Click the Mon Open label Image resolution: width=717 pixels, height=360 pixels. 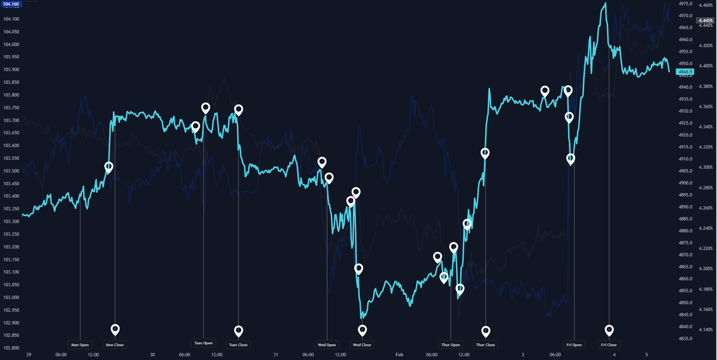pyautogui.click(x=80, y=345)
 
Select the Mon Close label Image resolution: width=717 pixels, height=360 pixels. pyautogui.click(x=115, y=345)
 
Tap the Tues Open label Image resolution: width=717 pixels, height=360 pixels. pyautogui.click(x=203, y=343)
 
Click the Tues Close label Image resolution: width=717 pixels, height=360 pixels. pyautogui.click(x=238, y=345)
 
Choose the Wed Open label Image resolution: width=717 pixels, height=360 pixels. pyautogui.click(x=327, y=345)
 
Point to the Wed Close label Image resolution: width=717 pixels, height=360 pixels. pyautogui.click(x=362, y=345)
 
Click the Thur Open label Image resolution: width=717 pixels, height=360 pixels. pyautogui.click(x=451, y=345)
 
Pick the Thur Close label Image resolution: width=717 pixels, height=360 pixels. pyautogui.click(x=485, y=345)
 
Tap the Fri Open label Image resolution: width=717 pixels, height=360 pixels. pyautogui.click(x=574, y=345)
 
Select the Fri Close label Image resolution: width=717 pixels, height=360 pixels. pyautogui.click(x=609, y=345)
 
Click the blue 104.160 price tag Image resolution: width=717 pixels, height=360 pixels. pyautogui.click(x=11, y=4)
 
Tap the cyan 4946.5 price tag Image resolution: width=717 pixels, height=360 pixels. pyautogui.click(x=686, y=72)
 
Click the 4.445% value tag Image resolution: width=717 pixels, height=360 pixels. pyautogui.click(x=706, y=21)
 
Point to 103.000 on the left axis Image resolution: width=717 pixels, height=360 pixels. pyautogui.click(x=11, y=298)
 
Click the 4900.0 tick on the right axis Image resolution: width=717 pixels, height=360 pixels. pyautogui.click(x=686, y=183)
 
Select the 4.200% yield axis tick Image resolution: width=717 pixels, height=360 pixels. pyautogui.click(x=706, y=269)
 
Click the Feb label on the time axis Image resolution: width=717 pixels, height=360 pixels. pyautogui.click(x=399, y=355)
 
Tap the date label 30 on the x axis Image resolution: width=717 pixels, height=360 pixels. pyautogui.click(x=152, y=355)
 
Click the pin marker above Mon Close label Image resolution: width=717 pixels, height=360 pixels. pyautogui.click(x=115, y=329)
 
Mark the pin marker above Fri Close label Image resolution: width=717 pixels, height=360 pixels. pyautogui.click(x=609, y=330)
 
